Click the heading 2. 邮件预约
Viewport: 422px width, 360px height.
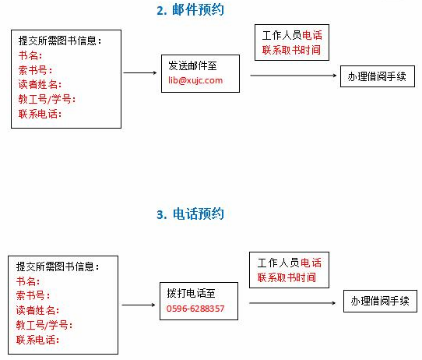point(190,10)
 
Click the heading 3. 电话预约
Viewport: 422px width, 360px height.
point(190,214)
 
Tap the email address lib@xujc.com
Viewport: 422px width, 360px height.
point(195,80)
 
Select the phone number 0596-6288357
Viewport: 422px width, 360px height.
point(195,309)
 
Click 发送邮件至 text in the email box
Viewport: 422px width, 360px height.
point(192,65)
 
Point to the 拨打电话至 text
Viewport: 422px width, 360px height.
point(191,293)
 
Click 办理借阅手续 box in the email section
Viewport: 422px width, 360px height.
point(378,76)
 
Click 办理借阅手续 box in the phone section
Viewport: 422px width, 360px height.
point(380,301)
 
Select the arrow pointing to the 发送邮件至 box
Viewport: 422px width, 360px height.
point(139,72)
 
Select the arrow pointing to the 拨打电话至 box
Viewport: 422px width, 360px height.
point(139,305)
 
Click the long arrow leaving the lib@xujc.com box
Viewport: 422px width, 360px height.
point(294,76)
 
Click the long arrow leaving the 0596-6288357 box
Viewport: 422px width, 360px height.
point(293,303)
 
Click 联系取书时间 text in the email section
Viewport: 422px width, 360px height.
point(291,50)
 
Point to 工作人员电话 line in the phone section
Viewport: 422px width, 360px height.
point(290,263)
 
